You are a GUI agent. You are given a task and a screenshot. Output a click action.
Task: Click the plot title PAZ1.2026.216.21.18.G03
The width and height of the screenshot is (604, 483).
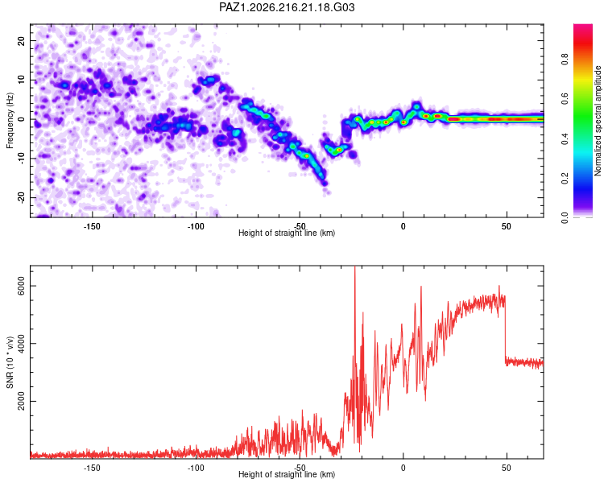point(287,7)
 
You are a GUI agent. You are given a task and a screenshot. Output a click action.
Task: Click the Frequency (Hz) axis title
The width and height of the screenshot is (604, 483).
point(10,121)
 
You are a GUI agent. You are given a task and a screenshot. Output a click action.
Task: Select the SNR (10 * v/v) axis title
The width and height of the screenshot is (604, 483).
point(10,362)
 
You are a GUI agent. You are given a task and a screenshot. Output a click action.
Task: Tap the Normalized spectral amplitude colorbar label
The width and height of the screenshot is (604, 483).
point(598,121)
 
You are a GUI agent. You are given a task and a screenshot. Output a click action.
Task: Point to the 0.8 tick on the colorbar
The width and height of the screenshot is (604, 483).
point(565,60)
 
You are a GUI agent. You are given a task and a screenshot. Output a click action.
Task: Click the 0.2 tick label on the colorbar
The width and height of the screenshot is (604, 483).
point(565,178)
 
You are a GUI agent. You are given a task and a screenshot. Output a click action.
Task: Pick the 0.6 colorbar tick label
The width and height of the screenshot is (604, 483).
point(565,98)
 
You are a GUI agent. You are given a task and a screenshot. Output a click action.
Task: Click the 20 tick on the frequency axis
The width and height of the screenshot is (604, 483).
point(21,41)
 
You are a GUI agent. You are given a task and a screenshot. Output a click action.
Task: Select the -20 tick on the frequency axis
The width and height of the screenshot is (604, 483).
point(21,197)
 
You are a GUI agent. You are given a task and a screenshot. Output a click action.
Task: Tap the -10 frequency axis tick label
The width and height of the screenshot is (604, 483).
point(21,159)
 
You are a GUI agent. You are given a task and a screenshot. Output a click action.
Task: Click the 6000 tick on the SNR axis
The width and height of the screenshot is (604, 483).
point(21,287)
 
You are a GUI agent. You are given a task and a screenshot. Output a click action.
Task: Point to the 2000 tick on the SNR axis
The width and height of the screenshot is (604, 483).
point(21,402)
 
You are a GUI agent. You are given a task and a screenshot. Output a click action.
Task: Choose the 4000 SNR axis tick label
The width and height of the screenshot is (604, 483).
point(21,344)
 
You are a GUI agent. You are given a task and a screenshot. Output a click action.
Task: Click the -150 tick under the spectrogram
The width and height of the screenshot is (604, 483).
point(92,226)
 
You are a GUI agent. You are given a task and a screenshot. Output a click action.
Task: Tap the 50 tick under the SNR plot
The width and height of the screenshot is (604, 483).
point(507,468)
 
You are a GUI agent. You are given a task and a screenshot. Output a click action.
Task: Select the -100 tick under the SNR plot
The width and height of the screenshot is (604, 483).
point(196,468)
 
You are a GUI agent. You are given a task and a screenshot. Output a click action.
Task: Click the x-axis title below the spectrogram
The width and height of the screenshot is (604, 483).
point(287,233)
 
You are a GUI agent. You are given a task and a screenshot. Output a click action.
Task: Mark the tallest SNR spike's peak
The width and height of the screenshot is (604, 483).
point(355,266)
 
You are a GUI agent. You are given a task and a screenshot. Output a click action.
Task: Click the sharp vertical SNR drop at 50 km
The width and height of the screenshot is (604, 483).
point(505,329)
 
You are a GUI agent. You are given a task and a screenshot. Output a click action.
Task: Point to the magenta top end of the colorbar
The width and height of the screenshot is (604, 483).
point(583,27)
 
